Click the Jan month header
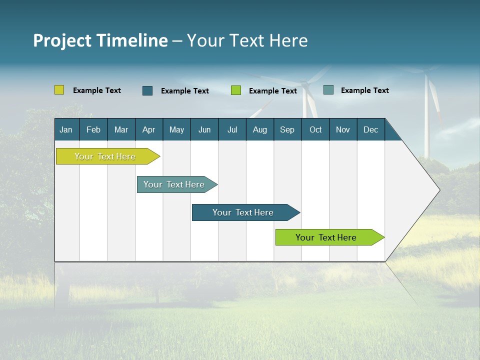click(66, 129)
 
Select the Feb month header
click(93, 129)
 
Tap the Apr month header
click(148, 129)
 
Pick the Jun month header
click(204, 129)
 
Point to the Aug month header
click(259, 129)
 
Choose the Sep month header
click(287, 129)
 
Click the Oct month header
click(315, 129)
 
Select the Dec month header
click(370, 129)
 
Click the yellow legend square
click(59, 90)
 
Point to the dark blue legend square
click(147, 90)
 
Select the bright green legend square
click(236, 90)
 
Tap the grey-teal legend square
click(328, 90)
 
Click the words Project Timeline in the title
click(100, 40)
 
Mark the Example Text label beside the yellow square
click(97, 90)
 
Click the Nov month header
click(343, 129)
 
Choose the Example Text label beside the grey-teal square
click(365, 90)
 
